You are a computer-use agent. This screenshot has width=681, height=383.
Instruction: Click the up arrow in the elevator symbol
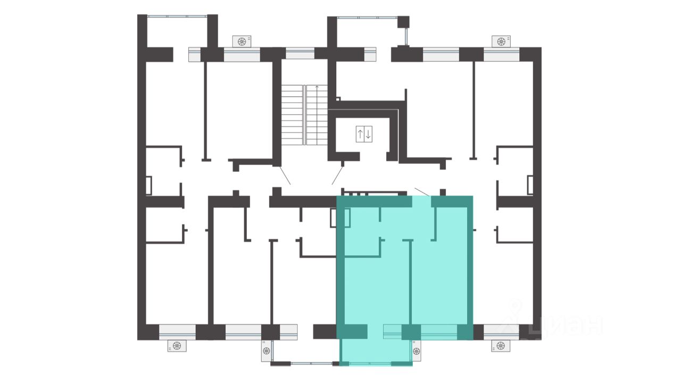[360, 134]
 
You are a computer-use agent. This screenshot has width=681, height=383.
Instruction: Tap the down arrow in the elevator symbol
[368, 134]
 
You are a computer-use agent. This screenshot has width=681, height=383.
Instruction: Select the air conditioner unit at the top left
[242, 41]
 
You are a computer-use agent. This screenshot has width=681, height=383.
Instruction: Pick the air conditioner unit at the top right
[501, 41]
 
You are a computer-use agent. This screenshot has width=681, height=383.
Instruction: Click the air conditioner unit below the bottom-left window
[177, 346]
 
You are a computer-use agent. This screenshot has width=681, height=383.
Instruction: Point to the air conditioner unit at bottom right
[501, 346]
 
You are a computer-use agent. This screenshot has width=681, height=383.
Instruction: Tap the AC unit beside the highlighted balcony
[417, 351]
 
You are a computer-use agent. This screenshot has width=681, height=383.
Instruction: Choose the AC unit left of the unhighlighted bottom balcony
[266, 351]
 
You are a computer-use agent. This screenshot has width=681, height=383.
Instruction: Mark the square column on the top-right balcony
[403, 22]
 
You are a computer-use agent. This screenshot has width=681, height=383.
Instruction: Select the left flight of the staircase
[292, 115]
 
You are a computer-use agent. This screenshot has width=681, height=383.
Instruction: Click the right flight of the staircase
[317, 115]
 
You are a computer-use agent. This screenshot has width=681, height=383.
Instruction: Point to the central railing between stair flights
[305, 115]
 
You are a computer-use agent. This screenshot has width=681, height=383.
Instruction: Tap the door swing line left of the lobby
[285, 175]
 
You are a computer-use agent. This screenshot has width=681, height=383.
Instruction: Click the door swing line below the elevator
[337, 175]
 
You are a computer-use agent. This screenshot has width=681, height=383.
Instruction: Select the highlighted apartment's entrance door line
[422, 192]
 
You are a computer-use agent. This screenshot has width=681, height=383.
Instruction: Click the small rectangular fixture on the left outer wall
[148, 186]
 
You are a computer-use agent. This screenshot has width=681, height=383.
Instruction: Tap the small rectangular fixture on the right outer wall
[530, 185]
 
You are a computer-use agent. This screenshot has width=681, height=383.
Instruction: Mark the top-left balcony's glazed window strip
[177, 16]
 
